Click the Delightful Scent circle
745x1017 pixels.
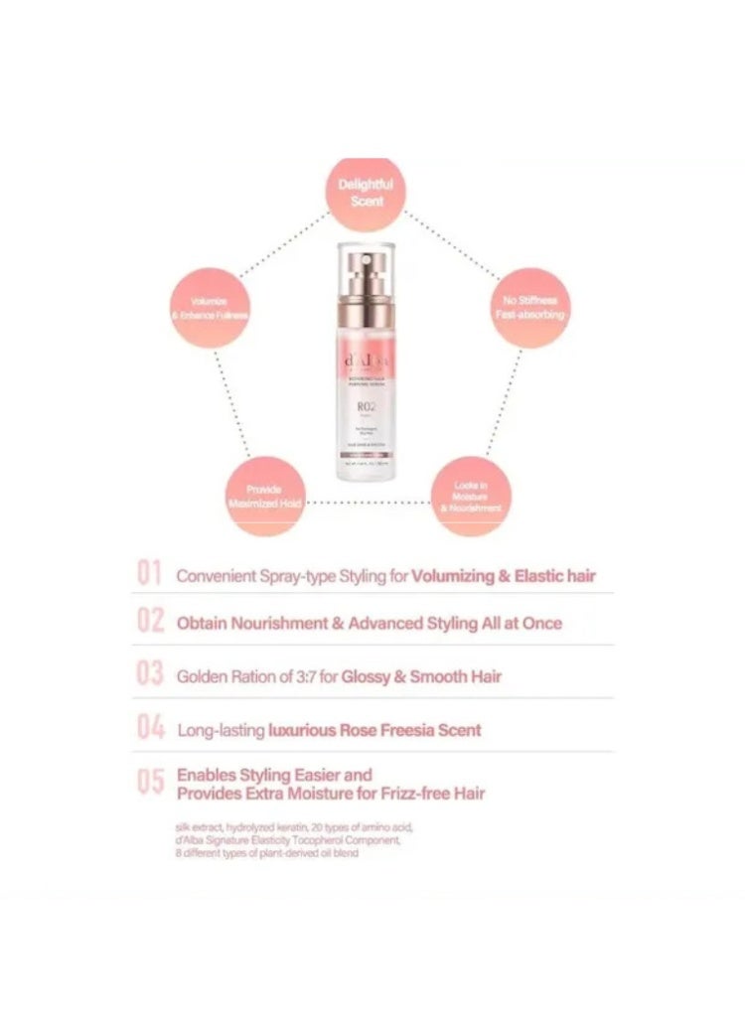(366, 193)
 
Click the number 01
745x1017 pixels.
(149, 574)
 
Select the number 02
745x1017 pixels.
(150, 622)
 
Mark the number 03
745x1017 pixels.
(150, 675)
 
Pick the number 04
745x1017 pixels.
(150, 729)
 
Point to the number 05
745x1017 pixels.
(150, 783)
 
